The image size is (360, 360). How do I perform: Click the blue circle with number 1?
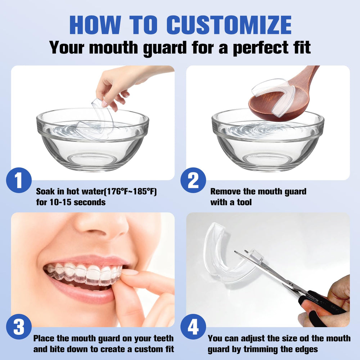(19, 180)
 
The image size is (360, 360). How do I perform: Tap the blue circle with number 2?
(193, 180)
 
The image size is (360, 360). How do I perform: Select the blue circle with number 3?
(19, 327)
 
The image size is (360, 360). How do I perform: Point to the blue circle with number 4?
(193, 327)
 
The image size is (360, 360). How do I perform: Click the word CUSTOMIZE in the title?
(229, 25)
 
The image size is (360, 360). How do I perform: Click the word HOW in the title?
(95, 25)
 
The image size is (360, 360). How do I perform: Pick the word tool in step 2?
(244, 202)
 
